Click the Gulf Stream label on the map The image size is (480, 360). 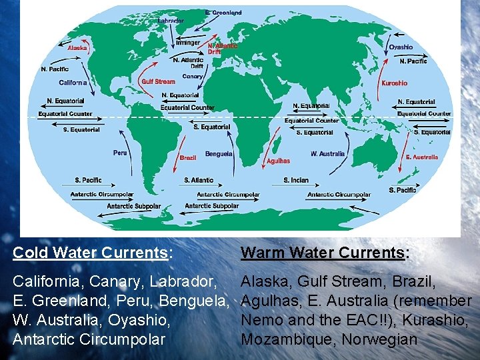[x=158, y=82]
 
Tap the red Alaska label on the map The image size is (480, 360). [x=77, y=48]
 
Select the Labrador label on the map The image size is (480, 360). [x=171, y=21]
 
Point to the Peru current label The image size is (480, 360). [x=120, y=153]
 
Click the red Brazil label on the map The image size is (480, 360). [x=188, y=158]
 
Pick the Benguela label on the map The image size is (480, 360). [x=219, y=153]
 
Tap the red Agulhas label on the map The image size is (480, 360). [x=278, y=161]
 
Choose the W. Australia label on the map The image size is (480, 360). [x=328, y=153]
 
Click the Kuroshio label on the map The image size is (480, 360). [x=394, y=83]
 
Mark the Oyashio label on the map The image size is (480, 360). [x=401, y=47]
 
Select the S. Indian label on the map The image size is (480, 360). [x=296, y=180]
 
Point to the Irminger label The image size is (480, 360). [x=187, y=43]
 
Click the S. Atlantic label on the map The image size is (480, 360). [x=199, y=180]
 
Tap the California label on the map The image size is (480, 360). [x=73, y=83]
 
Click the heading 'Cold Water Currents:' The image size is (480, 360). [x=93, y=253]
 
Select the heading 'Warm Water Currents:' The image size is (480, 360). [x=324, y=253]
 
